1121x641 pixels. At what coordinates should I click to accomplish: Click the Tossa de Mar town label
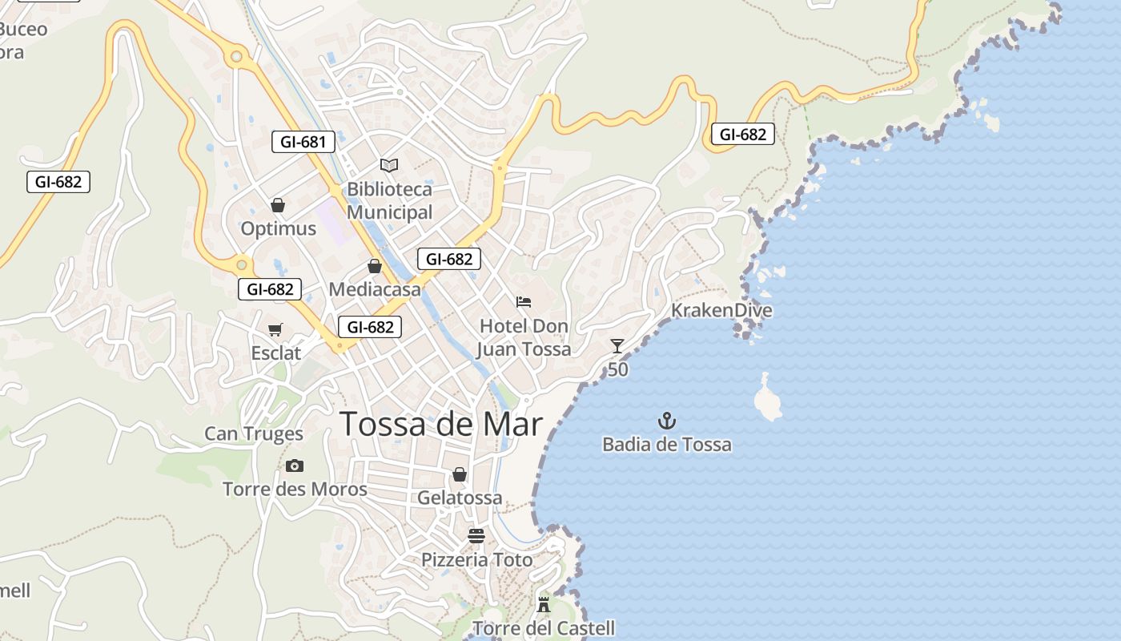[x=441, y=424]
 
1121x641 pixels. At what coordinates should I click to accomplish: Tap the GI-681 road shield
[x=303, y=142]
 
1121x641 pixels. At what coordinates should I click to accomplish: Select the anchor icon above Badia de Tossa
[x=666, y=421]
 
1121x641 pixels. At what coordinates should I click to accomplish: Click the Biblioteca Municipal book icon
[x=389, y=165]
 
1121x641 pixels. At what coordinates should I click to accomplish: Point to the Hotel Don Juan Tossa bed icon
[x=524, y=302]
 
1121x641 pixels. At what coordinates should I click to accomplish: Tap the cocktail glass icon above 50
[x=617, y=346]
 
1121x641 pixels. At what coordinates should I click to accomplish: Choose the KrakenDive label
[x=721, y=310]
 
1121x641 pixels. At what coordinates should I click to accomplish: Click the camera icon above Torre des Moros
[x=295, y=466]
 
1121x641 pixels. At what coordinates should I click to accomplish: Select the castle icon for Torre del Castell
[x=544, y=604]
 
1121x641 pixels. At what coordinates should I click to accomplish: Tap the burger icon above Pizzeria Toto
[x=476, y=536]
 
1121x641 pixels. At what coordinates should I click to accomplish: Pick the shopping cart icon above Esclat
[x=275, y=329]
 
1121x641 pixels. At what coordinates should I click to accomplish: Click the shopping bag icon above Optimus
[x=278, y=205]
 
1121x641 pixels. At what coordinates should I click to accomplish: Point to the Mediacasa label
[x=375, y=289]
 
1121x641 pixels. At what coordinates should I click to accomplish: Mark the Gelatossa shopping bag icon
[x=460, y=474]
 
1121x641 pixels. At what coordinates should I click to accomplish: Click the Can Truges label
[x=254, y=433]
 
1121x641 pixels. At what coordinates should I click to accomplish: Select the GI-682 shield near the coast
[x=742, y=134]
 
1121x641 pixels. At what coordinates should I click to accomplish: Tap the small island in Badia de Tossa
[x=769, y=398]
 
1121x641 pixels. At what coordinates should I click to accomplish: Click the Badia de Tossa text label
[x=667, y=444]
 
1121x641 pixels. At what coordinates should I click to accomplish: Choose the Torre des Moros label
[x=295, y=489]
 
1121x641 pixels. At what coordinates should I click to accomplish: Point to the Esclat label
[x=276, y=353]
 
